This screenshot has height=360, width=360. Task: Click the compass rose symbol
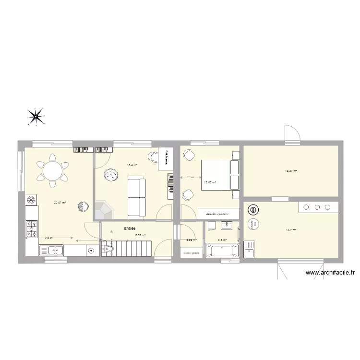[36, 116]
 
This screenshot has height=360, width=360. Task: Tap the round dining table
[51, 170]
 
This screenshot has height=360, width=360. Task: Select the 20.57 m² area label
[60, 203]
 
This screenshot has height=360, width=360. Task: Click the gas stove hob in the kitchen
[32, 228]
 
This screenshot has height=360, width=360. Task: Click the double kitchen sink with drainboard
[51, 250]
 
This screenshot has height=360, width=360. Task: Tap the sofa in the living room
[137, 196]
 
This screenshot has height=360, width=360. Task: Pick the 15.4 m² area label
[132, 165]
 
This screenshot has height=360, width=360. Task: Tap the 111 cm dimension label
[191, 178]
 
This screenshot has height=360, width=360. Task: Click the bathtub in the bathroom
[222, 251]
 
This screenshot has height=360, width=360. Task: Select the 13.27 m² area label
[291, 171]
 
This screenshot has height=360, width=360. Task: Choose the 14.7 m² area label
[291, 230]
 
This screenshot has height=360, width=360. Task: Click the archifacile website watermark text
[330, 273]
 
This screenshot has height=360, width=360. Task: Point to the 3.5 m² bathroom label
[222, 240]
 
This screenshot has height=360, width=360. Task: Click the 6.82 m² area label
[140, 235]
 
